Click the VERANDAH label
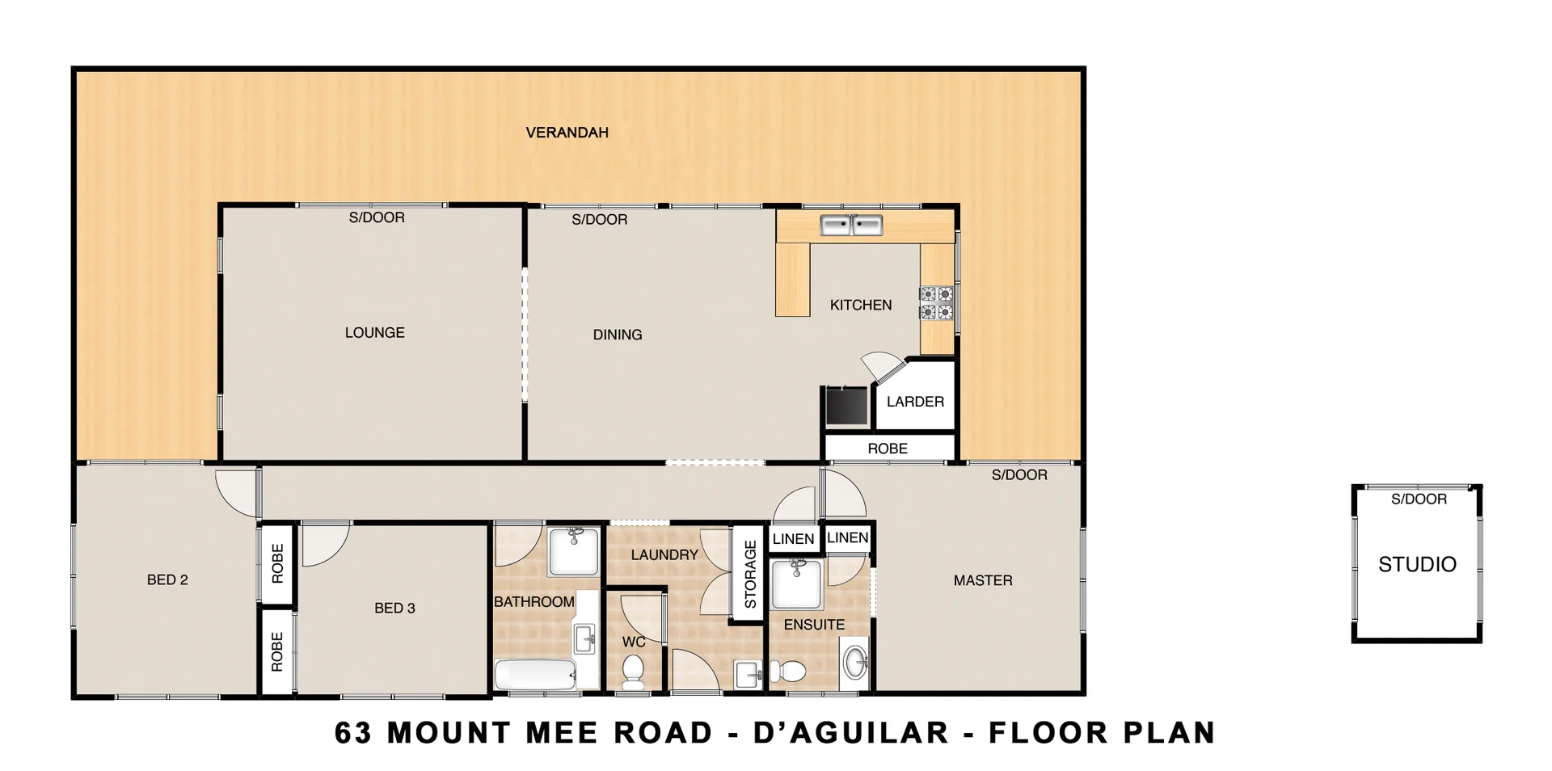(x=567, y=133)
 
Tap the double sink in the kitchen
(x=851, y=225)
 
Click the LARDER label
(x=915, y=402)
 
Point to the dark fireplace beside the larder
(x=846, y=406)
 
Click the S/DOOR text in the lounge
(x=377, y=217)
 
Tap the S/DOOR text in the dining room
(x=599, y=219)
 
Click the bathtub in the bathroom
(x=534, y=675)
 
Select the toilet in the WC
(x=633, y=671)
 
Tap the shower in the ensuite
(x=796, y=584)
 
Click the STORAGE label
(x=749, y=575)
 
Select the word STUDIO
(x=1417, y=564)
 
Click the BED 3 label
(x=394, y=608)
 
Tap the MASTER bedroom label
(x=982, y=580)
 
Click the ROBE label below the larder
(x=888, y=449)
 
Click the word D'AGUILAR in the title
(x=850, y=732)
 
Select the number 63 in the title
(x=353, y=732)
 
